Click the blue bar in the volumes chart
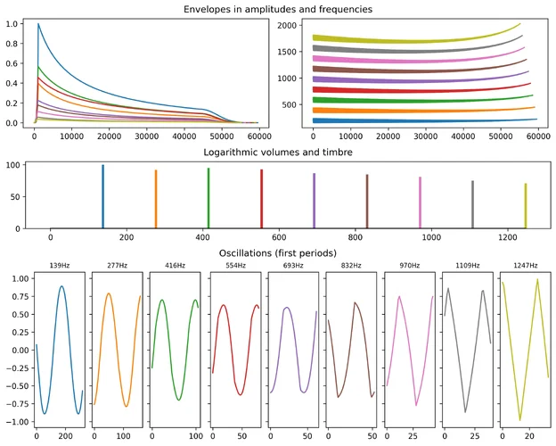click(x=103, y=196)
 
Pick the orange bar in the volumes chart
click(x=156, y=199)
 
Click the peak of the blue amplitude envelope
click(x=38, y=24)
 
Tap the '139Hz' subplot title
click(x=60, y=266)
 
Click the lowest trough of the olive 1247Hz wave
click(x=519, y=420)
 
